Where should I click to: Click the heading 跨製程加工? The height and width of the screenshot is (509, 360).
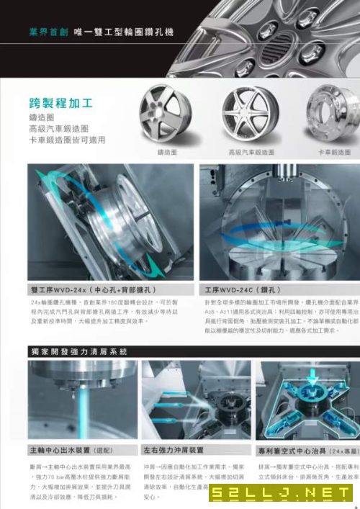coord(59,102)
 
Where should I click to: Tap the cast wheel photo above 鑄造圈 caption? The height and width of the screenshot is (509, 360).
coord(166,114)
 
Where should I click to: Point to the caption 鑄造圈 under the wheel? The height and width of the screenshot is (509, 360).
coord(167,153)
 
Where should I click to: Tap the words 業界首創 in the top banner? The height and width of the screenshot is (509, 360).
coord(48,32)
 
